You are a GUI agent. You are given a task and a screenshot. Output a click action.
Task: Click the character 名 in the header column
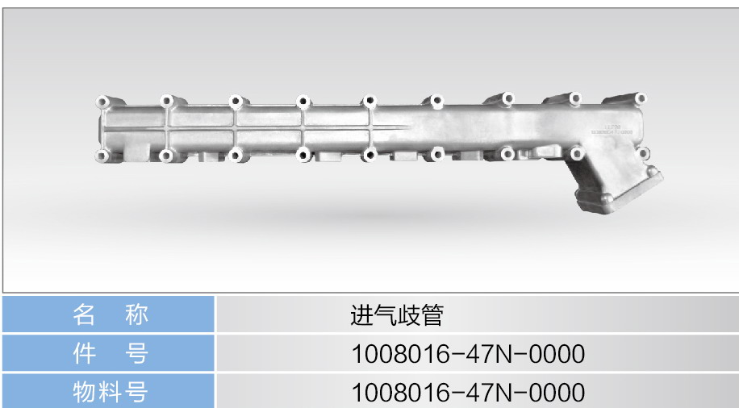point(83,314)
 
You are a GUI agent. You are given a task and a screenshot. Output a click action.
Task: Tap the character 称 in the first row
point(136,314)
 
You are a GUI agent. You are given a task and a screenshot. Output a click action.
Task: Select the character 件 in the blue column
point(84,353)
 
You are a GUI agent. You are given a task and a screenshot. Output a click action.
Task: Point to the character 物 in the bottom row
point(84,392)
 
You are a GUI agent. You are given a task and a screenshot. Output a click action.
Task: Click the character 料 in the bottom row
point(111,392)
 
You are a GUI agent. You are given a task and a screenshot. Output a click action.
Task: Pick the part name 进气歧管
point(397,315)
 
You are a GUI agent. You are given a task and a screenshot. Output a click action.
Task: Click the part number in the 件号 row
point(468,354)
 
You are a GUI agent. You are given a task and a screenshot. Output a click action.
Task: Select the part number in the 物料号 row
point(468,393)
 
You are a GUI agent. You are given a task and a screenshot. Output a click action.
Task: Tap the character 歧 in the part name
point(408,315)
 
